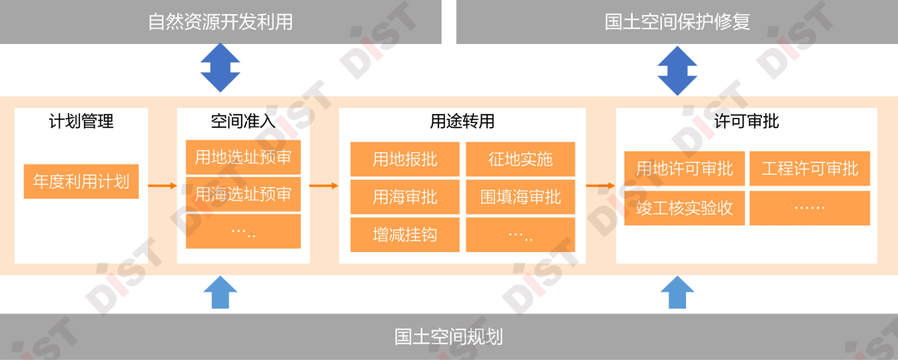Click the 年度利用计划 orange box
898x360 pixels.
click(x=81, y=181)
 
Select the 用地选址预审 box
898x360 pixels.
click(x=243, y=157)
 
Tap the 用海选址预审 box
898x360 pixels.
click(x=243, y=195)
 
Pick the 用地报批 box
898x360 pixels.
click(x=405, y=160)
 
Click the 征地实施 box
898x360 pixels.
click(x=521, y=160)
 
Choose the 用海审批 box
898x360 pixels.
click(x=405, y=198)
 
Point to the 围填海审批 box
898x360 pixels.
click(x=521, y=198)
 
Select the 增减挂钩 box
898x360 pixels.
click(x=405, y=234)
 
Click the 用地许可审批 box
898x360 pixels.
click(x=684, y=169)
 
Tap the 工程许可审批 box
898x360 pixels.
click(x=810, y=169)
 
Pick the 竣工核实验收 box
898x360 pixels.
click(x=684, y=208)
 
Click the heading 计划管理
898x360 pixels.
click(x=81, y=122)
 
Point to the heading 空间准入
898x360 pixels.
click(x=243, y=122)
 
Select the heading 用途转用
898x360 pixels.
click(x=462, y=122)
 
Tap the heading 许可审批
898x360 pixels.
click(x=747, y=122)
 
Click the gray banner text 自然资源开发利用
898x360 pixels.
click(x=220, y=22)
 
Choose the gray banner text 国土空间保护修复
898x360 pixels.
click(x=677, y=22)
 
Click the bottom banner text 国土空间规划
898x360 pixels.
click(x=449, y=337)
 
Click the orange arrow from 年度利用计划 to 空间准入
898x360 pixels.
click(x=162, y=185)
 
